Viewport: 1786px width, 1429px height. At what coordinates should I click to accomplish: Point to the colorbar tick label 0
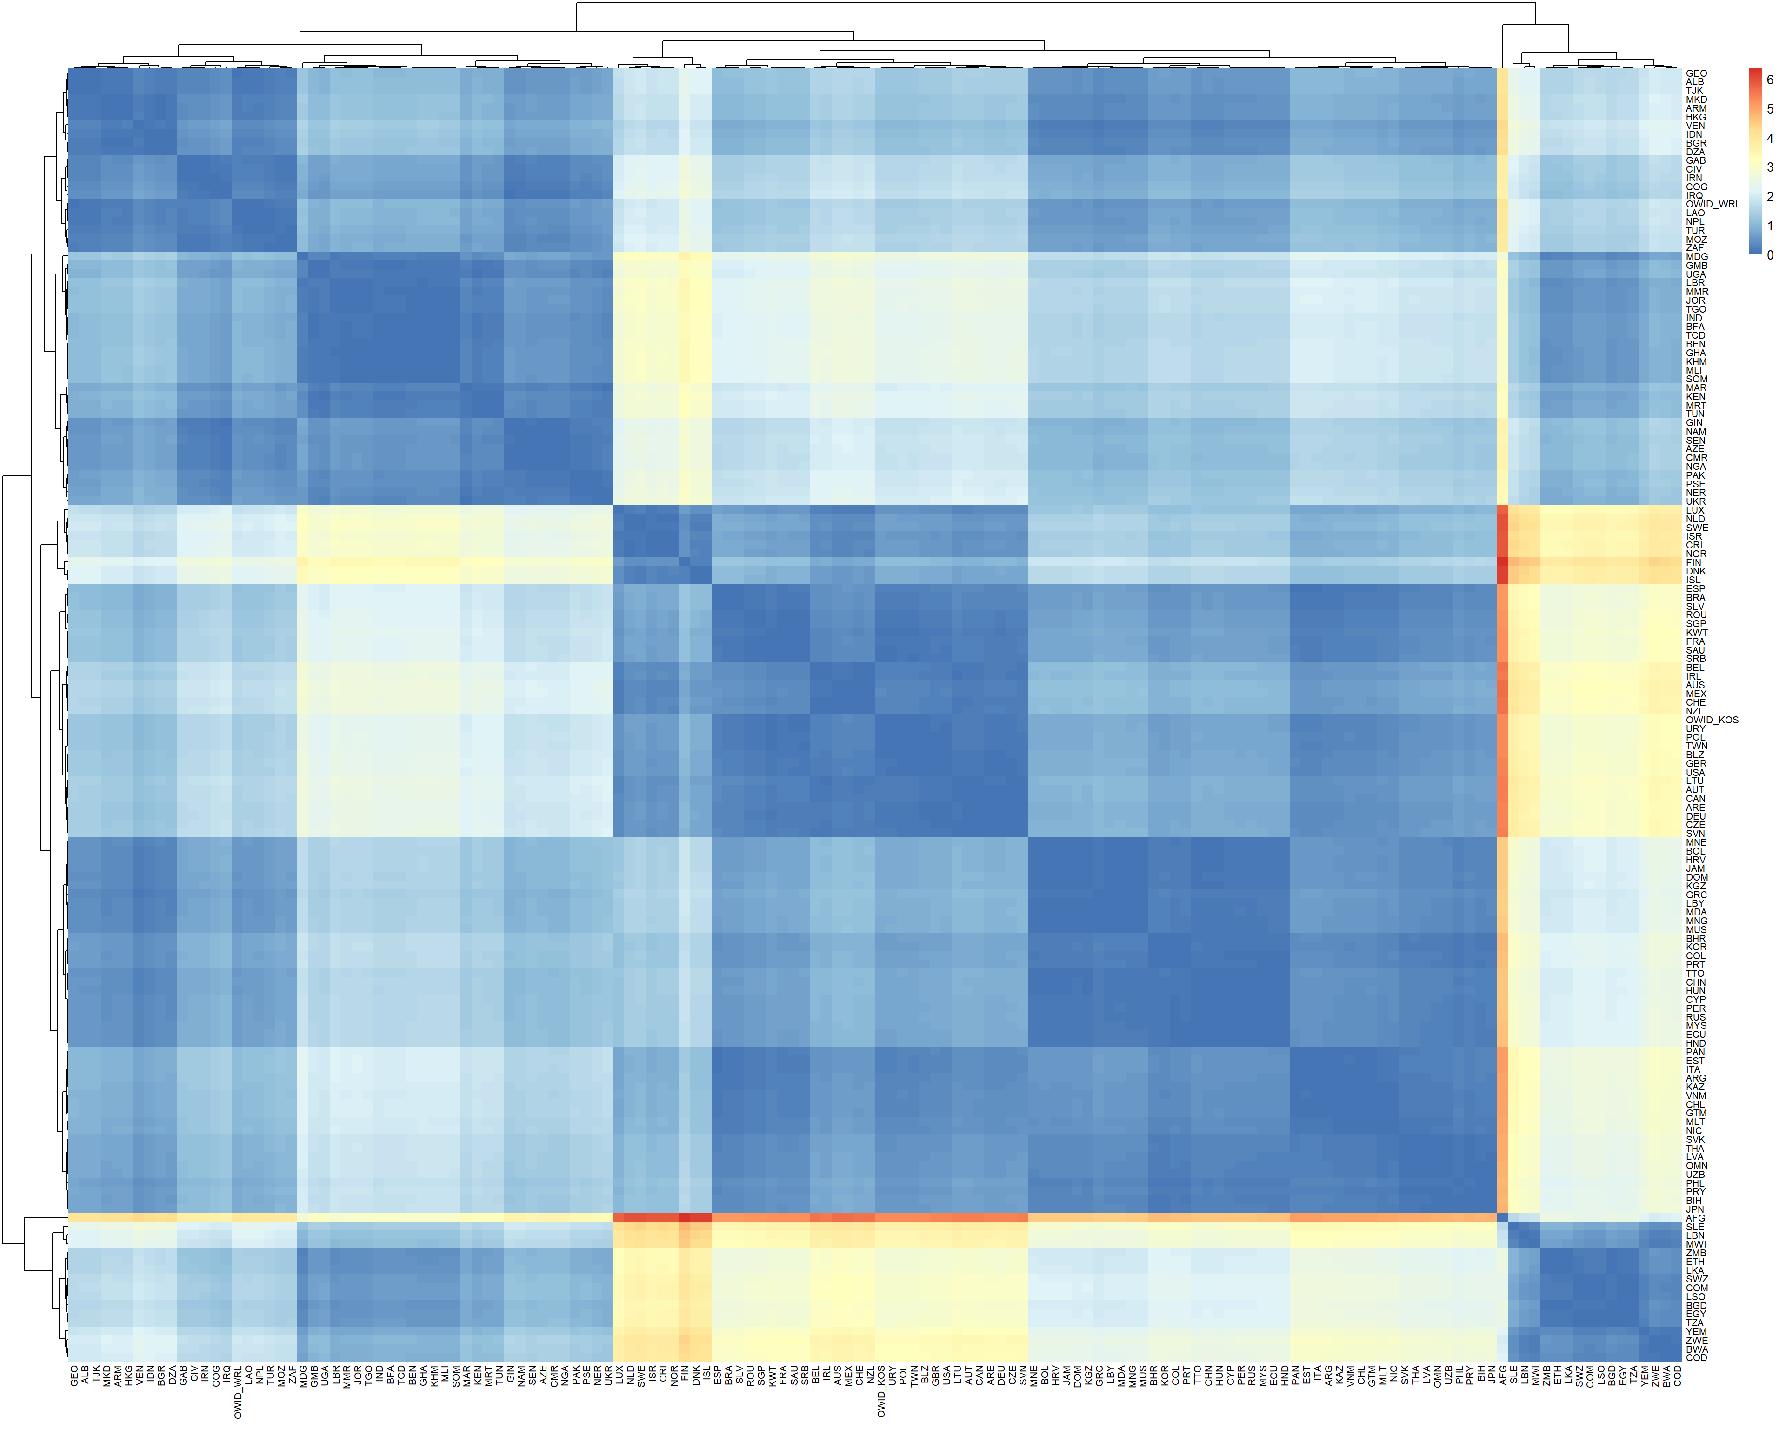coord(1770,255)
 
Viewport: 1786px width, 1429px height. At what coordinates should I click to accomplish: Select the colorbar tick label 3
coord(1770,167)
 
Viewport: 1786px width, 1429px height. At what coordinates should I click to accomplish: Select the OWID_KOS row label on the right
coord(1712,721)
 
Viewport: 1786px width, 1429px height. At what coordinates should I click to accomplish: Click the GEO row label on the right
coord(1696,73)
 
